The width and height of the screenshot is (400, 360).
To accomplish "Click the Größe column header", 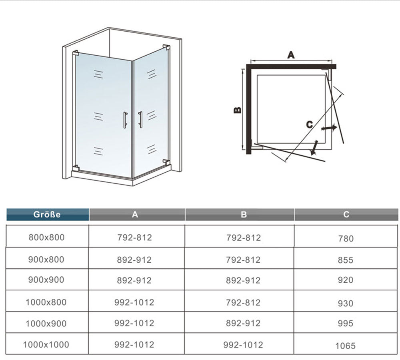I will [47, 214].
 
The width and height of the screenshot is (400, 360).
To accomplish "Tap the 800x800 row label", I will [46, 237].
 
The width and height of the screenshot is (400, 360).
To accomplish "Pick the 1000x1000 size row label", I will [46, 344].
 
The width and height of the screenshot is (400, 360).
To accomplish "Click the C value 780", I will [346, 239].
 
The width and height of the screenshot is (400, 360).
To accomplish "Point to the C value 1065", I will [346, 346].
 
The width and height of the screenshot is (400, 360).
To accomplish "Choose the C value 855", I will [346, 260].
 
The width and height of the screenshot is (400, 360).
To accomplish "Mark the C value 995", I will [346, 324].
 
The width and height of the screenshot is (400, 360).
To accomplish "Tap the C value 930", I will [346, 304].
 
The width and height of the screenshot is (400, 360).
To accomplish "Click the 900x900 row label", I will [46, 280].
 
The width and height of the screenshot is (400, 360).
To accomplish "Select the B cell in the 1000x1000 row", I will [243, 344].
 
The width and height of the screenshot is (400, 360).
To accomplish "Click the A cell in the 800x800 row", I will [134, 237].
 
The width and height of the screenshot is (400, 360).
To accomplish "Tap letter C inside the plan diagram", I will [309, 125].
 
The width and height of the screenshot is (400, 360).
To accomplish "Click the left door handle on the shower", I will [125, 119].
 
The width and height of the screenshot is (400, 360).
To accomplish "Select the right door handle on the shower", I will [140, 119].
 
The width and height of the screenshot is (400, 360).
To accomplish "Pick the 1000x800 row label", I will [46, 302].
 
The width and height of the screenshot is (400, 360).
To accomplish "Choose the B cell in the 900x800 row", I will [243, 259].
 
